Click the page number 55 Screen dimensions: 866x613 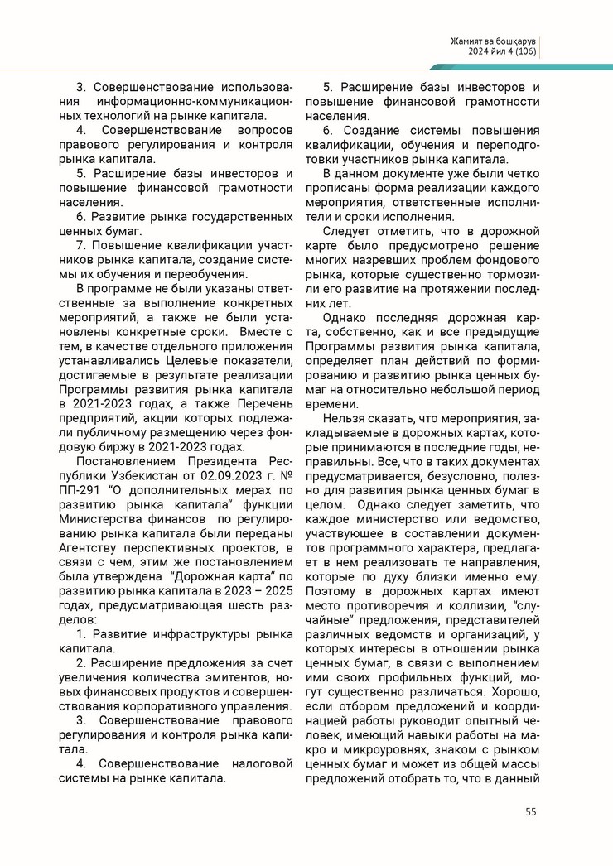click(530, 811)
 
